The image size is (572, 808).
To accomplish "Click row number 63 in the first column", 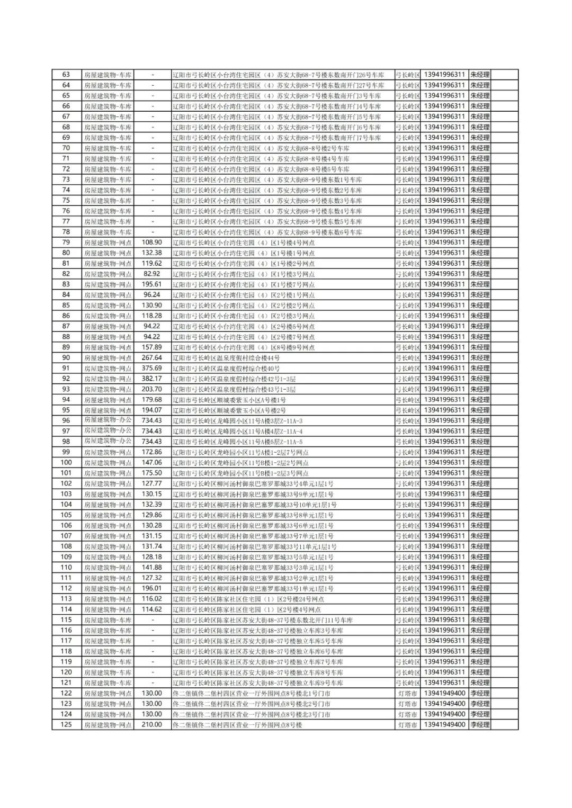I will [66, 75].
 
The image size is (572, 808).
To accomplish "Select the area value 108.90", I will [152, 243].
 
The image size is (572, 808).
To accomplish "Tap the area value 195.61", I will [152, 284].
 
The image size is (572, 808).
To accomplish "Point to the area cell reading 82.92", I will [152, 274].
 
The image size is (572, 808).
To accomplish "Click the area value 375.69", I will [152, 368].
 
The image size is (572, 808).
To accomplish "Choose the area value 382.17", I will [152, 379].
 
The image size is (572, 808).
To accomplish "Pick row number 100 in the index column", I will [66, 462].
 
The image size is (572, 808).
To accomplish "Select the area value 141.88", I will [152, 567].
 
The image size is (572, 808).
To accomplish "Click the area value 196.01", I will [152, 588].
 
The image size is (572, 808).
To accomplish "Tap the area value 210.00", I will [152, 724].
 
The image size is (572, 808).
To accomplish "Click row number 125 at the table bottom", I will [66, 724].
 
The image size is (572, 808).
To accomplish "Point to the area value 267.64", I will [152, 358].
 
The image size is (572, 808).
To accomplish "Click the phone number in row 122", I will [445, 693].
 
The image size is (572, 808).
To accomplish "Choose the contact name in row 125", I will [480, 724].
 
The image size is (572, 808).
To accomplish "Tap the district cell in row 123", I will [407, 704].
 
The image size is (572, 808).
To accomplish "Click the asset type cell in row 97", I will [108, 431].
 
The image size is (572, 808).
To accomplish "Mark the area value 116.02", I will [152, 599].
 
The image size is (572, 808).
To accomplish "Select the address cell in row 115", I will [263, 620].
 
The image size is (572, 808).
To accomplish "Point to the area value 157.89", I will [152, 347].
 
